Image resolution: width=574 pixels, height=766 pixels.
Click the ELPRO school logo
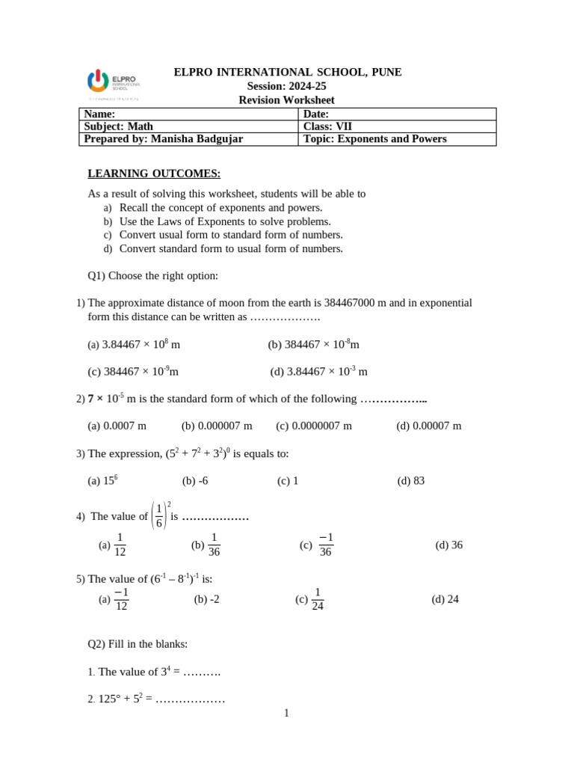click(112, 84)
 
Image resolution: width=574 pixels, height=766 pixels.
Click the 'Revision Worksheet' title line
click(286, 100)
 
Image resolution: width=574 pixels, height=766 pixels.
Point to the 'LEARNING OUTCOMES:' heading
click(154, 174)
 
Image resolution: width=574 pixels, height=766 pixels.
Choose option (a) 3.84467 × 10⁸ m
click(134, 344)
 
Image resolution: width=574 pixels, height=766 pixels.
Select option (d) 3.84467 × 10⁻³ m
click(319, 371)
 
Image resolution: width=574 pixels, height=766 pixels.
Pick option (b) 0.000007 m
click(217, 426)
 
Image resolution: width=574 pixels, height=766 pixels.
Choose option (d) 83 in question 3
click(411, 481)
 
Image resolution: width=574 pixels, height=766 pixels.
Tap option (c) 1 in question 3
click(288, 481)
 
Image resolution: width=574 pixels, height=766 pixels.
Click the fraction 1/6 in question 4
click(159, 516)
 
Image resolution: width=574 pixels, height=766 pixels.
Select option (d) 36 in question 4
click(449, 545)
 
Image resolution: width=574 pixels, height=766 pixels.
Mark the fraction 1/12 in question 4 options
click(120, 545)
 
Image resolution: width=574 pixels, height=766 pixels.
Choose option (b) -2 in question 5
click(207, 599)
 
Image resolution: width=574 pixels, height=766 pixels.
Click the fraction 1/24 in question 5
click(318, 599)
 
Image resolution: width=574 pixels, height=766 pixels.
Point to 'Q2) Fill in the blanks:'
click(138, 644)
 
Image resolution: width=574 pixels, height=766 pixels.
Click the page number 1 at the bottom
click(286, 714)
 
